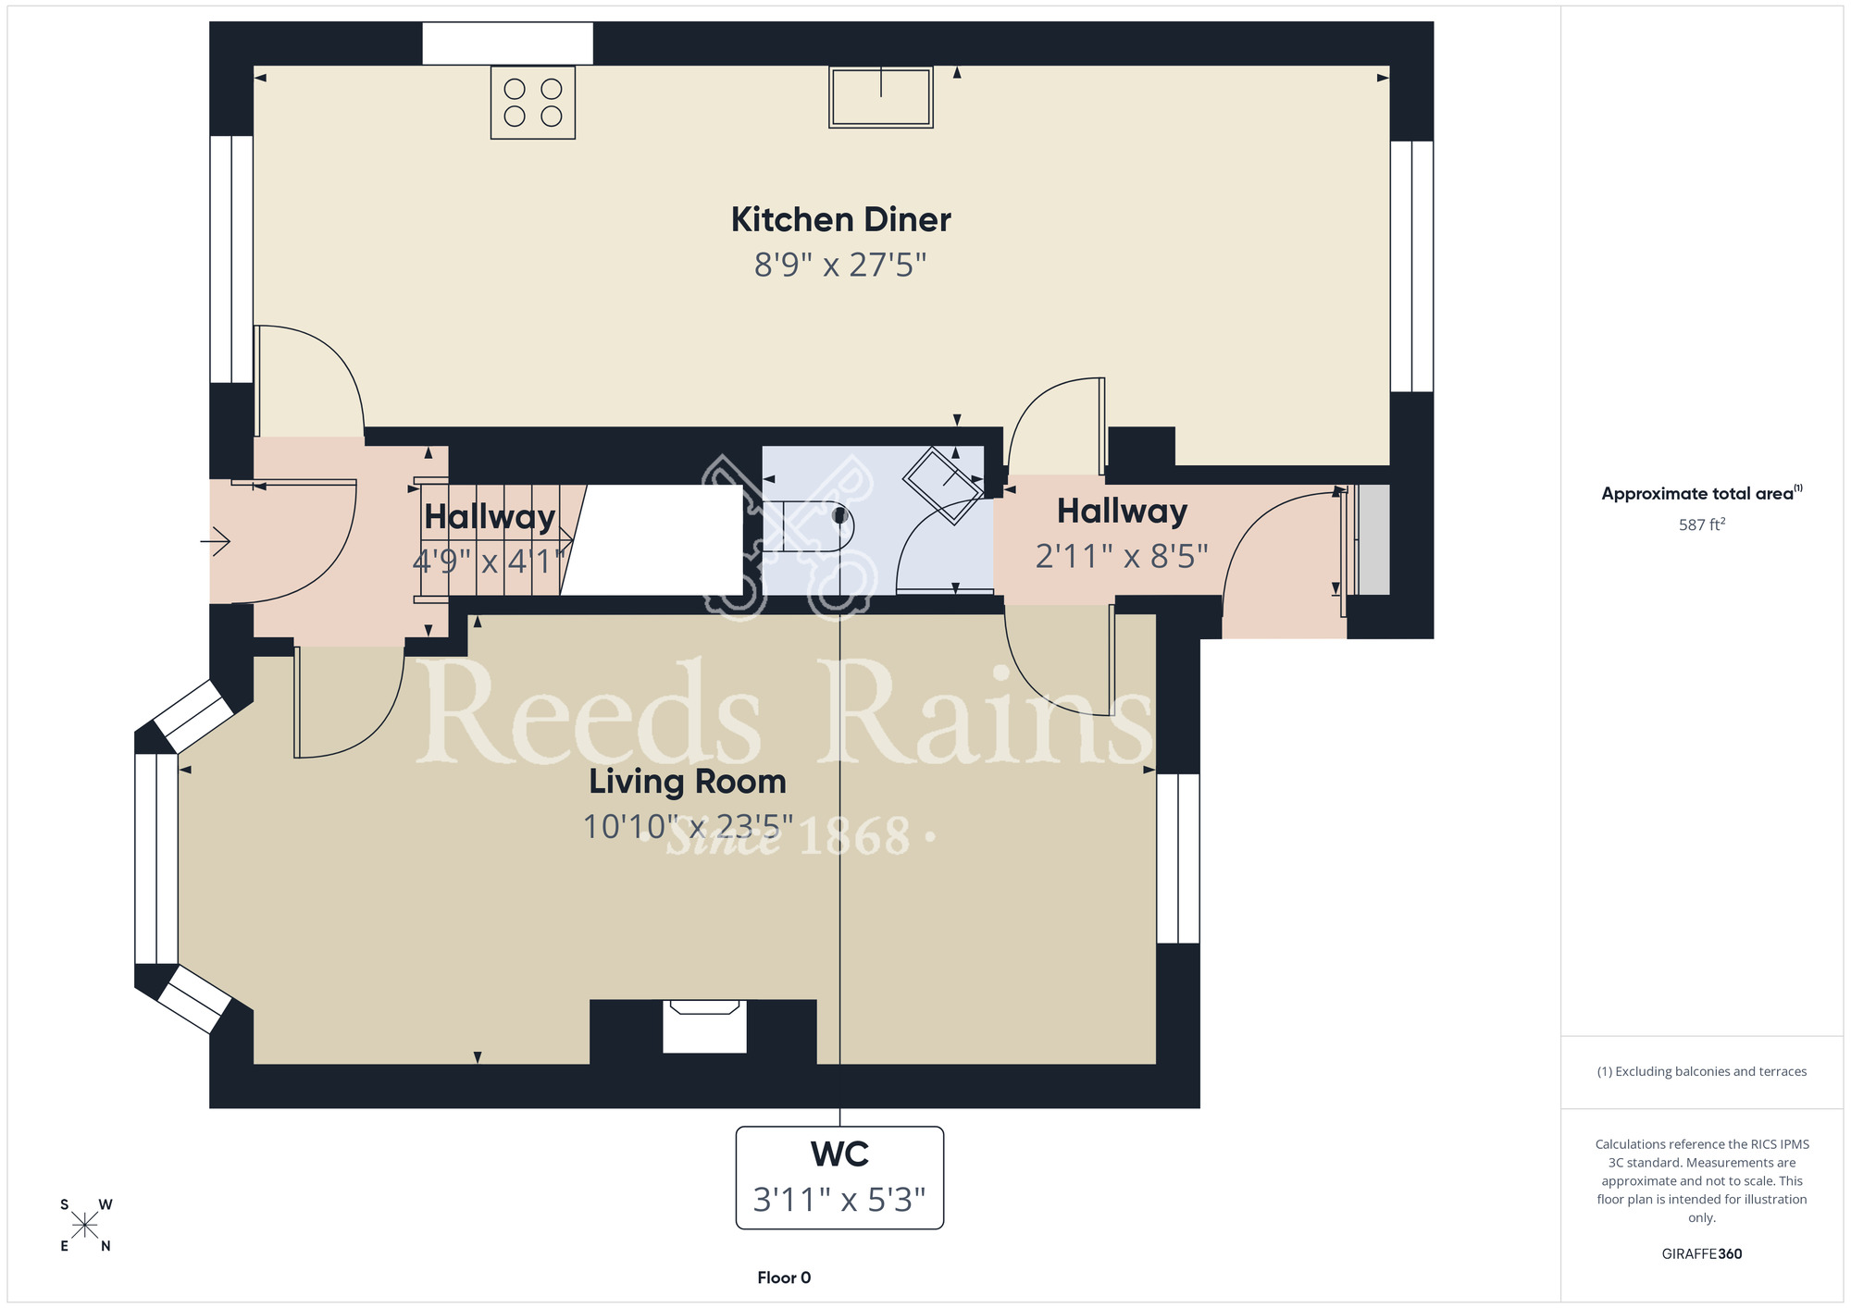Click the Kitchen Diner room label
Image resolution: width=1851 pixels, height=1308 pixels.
tap(840, 220)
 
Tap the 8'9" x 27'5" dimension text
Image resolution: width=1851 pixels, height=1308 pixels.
tap(840, 265)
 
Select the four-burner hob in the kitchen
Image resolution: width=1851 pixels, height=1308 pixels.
tap(533, 103)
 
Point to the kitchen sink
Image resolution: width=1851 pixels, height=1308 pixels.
tap(881, 96)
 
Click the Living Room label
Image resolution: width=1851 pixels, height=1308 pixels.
tap(688, 782)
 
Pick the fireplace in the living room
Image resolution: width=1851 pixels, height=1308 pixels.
tap(704, 1027)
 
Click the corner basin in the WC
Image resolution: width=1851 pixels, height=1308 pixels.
tap(943, 485)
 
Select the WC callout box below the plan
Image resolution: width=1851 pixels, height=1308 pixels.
tap(839, 1178)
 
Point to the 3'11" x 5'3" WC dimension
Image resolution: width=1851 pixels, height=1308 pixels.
tap(839, 1200)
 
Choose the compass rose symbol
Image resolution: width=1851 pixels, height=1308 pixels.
tap(85, 1226)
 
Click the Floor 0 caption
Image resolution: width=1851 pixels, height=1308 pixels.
tap(784, 1277)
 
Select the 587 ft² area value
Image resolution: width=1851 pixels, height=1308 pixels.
tap(1702, 524)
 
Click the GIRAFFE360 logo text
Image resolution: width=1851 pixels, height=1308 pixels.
tap(1702, 1254)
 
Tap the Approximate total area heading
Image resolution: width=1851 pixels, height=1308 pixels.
tap(1702, 493)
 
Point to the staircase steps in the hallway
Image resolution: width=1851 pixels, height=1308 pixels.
tap(500, 540)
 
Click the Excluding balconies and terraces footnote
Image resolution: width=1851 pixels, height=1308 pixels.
tap(1702, 1071)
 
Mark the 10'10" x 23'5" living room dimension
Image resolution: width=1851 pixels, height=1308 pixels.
tap(688, 826)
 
